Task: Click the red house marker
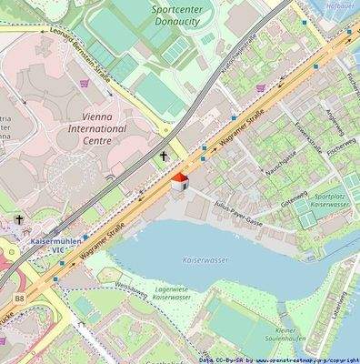point(180,181)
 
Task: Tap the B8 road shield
point(19,298)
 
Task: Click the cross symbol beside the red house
point(165,157)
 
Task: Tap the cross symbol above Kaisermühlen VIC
point(17,220)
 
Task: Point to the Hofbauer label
point(340,5)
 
